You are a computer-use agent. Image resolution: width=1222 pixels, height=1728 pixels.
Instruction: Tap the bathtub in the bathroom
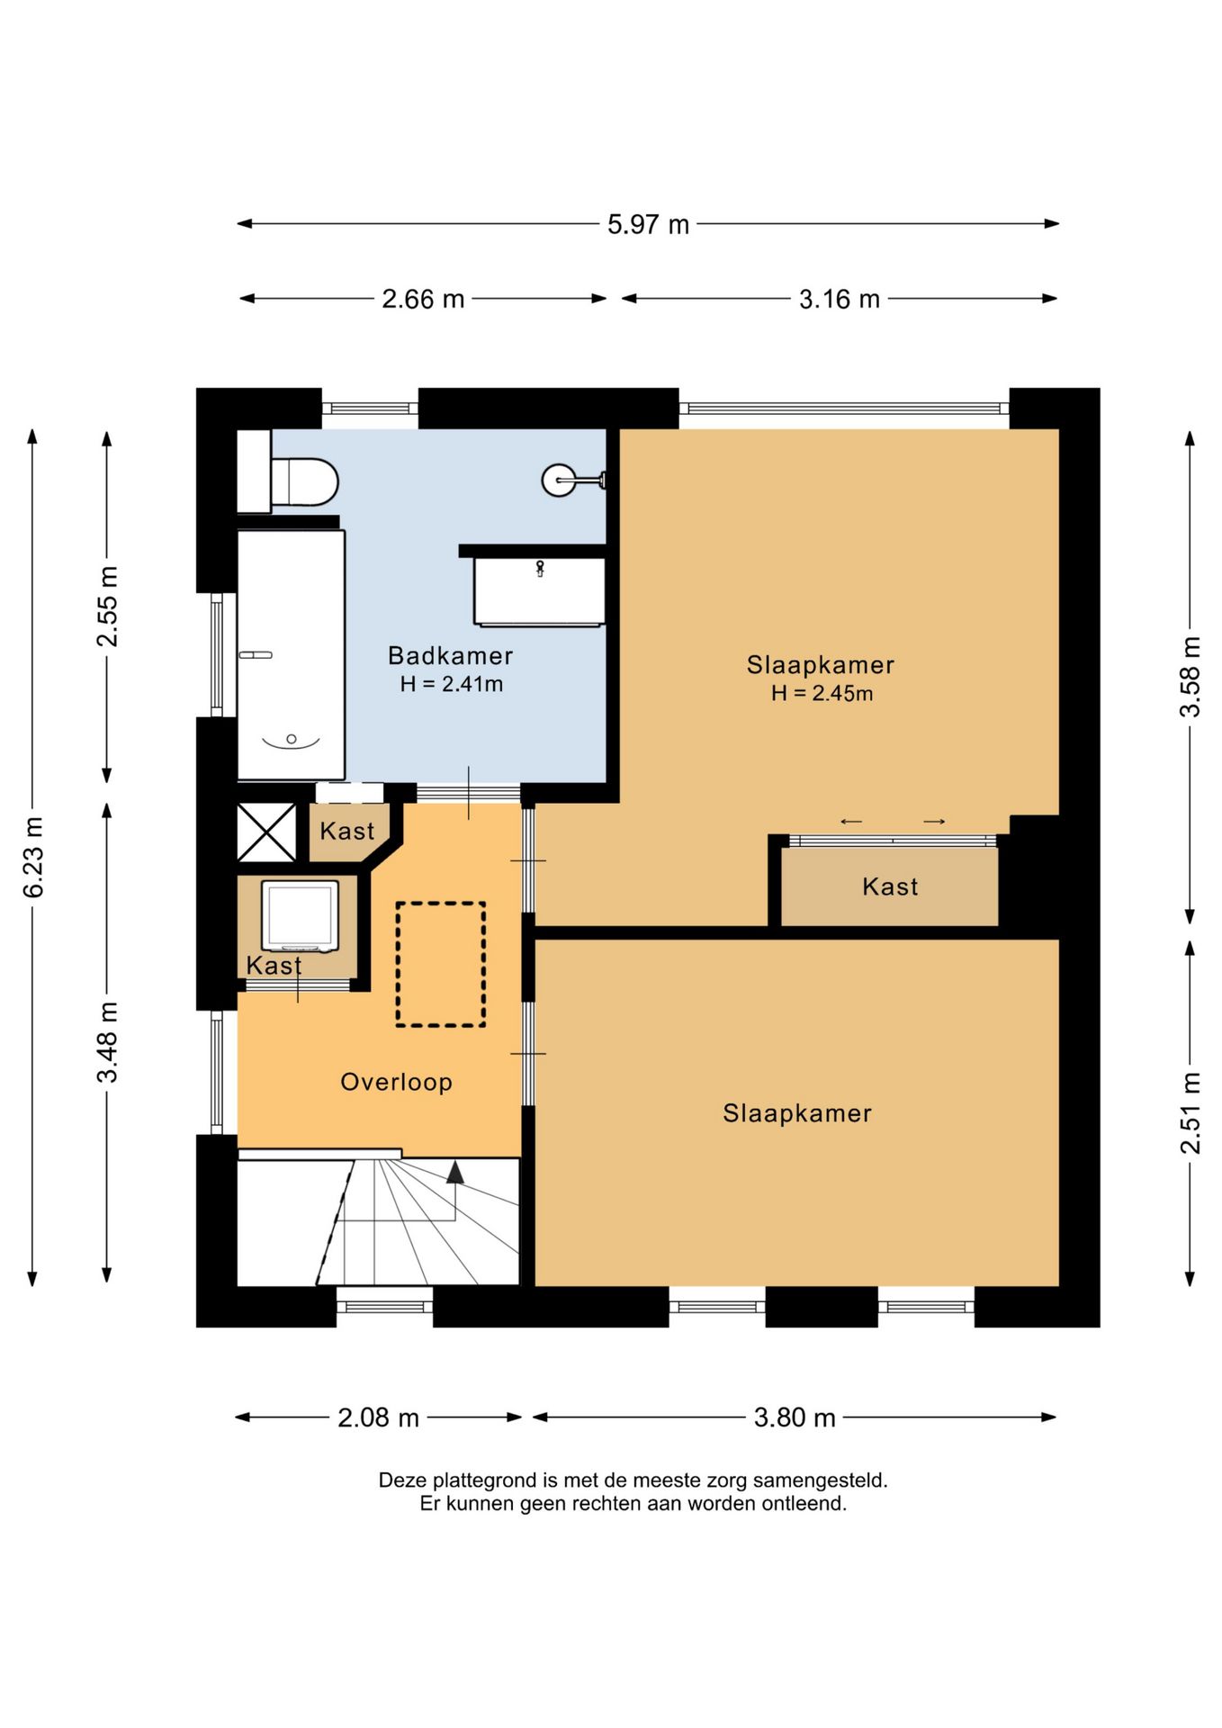tap(291, 654)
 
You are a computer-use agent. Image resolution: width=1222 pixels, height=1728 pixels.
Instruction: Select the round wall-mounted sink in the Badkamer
tap(560, 481)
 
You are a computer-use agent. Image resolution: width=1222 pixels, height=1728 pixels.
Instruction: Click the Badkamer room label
tap(450, 656)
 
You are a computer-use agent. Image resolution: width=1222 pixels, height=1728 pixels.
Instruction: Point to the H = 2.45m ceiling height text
tap(822, 693)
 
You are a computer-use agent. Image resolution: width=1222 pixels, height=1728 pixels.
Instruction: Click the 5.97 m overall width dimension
tap(648, 224)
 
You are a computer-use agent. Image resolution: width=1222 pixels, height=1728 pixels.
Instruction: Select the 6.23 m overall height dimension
tap(33, 857)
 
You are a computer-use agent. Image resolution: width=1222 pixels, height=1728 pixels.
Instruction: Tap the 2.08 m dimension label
tap(378, 1417)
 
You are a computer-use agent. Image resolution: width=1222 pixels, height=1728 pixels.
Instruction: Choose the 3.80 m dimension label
tap(795, 1417)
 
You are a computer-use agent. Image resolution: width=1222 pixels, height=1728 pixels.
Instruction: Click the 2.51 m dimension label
tap(1190, 1113)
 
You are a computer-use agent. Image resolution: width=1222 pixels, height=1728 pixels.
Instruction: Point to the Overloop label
tap(396, 1082)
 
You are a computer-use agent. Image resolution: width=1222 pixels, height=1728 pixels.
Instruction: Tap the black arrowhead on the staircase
tap(455, 1172)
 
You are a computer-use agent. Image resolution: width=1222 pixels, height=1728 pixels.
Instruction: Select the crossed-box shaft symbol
tap(266, 832)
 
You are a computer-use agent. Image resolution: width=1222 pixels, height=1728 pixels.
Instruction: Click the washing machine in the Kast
tap(300, 915)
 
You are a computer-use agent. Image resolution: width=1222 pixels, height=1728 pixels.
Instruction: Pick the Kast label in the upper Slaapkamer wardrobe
tap(890, 886)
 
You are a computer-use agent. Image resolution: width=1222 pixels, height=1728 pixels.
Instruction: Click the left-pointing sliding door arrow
tap(851, 821)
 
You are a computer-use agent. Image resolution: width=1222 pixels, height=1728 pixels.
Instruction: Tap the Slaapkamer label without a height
tap(797, 1113)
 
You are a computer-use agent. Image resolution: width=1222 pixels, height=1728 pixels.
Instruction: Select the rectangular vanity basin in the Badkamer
tap(540, 591)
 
